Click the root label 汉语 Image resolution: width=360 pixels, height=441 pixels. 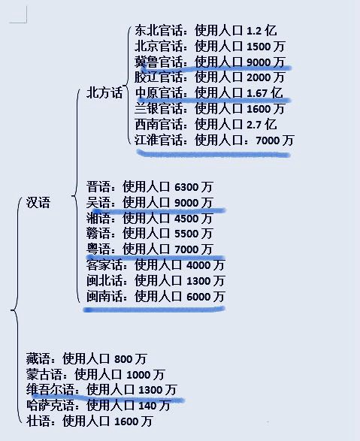point(38,203)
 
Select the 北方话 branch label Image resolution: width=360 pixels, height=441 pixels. point(104,93)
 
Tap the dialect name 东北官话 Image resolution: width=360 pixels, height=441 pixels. point(159,30)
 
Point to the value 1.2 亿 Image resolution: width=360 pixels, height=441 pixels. point(262,30)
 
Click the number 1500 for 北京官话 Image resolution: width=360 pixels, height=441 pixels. point(259,47)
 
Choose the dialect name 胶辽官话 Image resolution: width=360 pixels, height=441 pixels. point(159,77)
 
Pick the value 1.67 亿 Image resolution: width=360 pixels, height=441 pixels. point(265,93)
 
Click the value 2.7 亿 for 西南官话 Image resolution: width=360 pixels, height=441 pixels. point(262,124)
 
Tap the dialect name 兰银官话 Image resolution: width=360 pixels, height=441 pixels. point(159,109)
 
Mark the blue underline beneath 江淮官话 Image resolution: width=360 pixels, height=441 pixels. point(213,154)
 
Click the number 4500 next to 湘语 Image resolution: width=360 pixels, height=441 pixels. point(186,219)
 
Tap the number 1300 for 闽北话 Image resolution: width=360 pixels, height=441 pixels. point(198,281)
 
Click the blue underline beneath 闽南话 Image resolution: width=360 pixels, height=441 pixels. point(154,310)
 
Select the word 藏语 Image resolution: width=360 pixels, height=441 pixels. point(38,358)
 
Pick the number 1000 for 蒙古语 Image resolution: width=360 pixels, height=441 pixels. point(138,375)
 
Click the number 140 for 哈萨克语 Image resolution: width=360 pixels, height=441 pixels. point(147,406)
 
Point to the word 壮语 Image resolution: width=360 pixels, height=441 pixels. point(38,421)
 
